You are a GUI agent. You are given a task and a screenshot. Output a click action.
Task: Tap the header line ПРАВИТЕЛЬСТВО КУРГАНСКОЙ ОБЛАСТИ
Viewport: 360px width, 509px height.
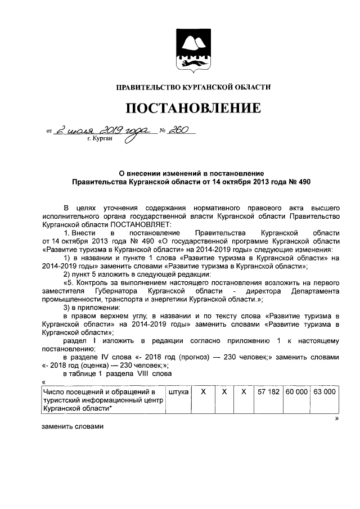pyautogui.click(x=193, y=87)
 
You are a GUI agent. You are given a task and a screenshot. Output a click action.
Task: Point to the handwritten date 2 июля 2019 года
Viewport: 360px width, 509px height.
pyautogui.click(x=102, y=130)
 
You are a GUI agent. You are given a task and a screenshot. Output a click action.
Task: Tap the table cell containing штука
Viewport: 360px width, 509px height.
pyautogui.click(x=178, y=391)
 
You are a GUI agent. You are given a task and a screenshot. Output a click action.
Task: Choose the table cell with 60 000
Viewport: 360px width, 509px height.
pyautogui.click(x=296, y=391)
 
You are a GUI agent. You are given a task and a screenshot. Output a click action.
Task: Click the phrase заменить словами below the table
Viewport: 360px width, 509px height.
pyautogui.click(x=73, y=426)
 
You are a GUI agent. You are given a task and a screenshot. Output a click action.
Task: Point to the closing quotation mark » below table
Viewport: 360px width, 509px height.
pyautogui.click(x=336, y=418)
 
